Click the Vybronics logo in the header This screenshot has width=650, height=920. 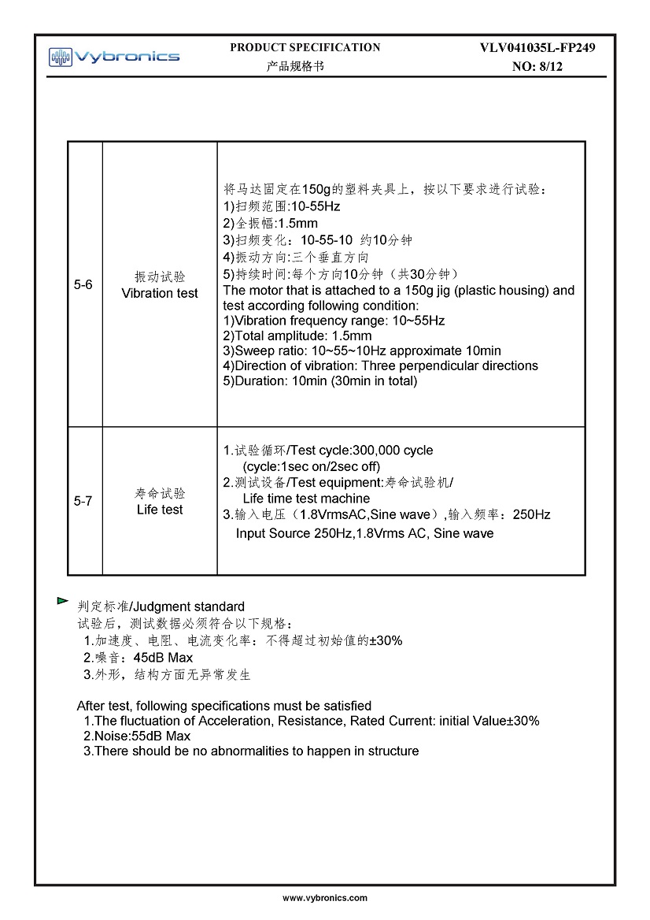click(114, 56)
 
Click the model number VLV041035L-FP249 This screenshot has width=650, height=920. click(537, 48)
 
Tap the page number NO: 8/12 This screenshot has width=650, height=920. click(537, 67)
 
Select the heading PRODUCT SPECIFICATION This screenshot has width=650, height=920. click(305, 47)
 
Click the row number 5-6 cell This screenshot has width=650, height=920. click(83, 284)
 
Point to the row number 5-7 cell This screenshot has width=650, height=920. click(83, 501)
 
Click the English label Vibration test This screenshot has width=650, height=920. click(160, 293)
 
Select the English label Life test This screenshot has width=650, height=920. click(160, 510)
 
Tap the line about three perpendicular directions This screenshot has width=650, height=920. click(381, 365)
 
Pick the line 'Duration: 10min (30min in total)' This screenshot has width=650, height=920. click(320, 381)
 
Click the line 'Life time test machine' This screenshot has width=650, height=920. click(306, 499)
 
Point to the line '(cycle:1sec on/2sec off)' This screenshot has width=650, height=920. click(311, 466)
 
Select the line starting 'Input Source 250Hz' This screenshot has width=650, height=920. click(364, 533)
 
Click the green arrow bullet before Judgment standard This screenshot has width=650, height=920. click(62, 601)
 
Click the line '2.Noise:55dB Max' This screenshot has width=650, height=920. click(137, 736)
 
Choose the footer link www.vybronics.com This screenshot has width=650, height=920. click(325, 898)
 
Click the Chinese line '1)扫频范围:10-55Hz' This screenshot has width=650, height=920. click(282, 206)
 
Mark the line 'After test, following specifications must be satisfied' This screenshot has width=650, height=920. click(223, 706)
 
